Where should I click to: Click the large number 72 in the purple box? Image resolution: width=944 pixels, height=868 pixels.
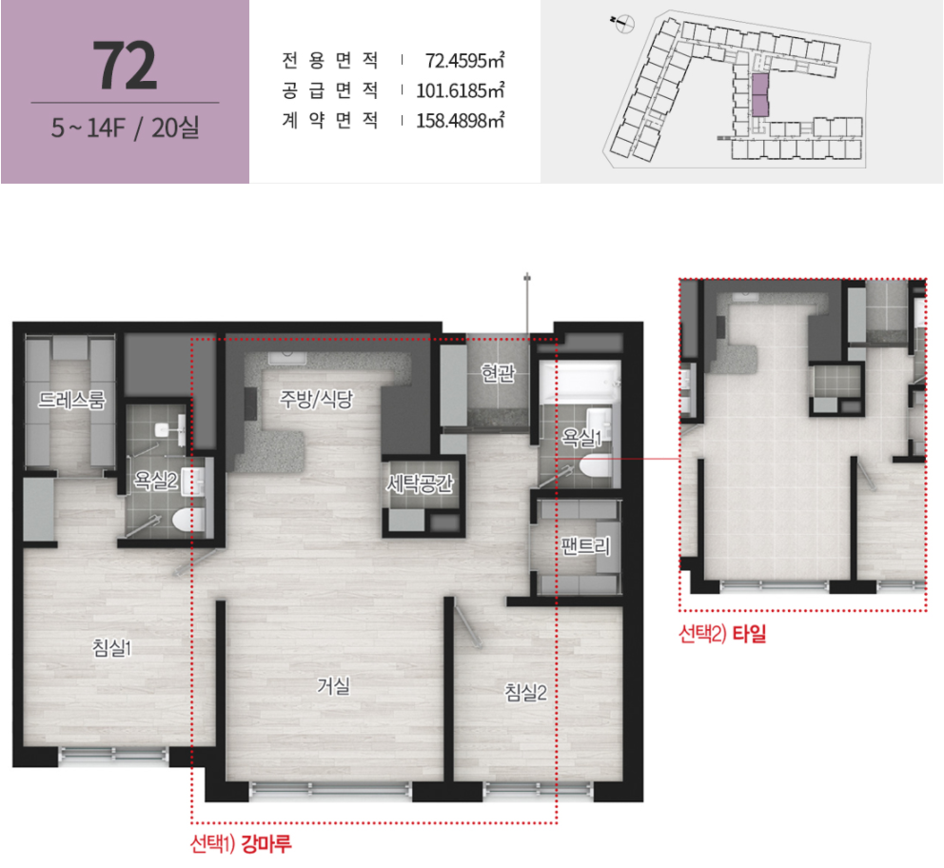coord(126,66)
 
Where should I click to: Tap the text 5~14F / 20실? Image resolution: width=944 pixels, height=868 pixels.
coord(126,128)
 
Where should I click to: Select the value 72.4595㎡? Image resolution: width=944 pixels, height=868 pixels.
coord(464,61)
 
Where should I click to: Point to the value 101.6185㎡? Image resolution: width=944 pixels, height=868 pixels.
coord(461,91)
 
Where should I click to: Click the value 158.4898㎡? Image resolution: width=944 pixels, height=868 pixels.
coord(461,121)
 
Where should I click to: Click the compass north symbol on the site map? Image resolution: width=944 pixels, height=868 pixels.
coord(624,24)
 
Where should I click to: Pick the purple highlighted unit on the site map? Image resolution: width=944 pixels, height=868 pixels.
coord(759,95)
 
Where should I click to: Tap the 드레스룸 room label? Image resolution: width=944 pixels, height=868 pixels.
coord(71,399)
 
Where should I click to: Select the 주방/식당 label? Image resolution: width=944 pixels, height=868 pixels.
coord(317,399)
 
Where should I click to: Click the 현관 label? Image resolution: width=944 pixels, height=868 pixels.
coord(498,374)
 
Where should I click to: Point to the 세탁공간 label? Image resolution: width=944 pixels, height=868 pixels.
coord(420,483)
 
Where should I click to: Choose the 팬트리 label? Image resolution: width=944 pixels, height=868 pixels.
coord(586,546)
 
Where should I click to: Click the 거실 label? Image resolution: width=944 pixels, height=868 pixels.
coord(333,685)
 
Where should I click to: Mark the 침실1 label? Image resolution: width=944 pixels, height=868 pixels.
coord(112,648)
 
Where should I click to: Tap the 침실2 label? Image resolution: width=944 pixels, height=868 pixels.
coord(525,692)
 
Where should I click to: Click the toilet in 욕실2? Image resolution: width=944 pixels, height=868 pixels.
coord(189,520)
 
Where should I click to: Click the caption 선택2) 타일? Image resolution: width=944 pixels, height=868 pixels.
coord(722,633)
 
